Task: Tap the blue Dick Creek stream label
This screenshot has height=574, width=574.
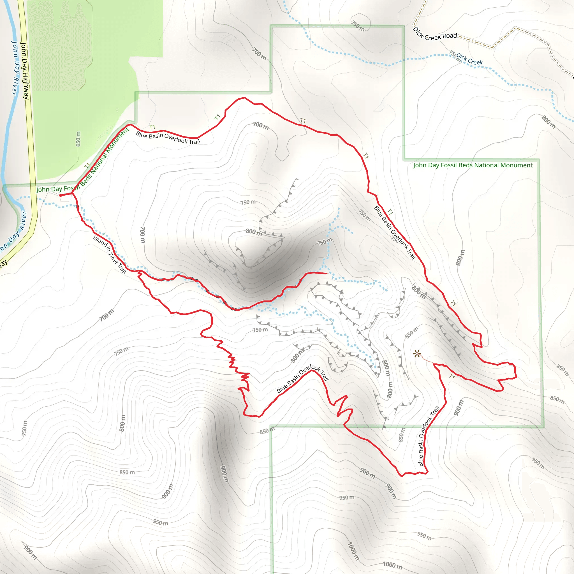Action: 469,59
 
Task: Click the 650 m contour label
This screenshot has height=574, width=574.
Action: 78,139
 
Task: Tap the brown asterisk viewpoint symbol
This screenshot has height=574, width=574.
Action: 417,354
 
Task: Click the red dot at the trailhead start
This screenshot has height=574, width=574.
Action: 61,195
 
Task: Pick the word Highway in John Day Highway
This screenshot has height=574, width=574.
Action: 26,86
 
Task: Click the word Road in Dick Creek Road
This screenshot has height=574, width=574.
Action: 450,36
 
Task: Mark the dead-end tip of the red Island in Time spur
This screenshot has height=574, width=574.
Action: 326,273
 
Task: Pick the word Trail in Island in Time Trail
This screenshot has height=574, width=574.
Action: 122,268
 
